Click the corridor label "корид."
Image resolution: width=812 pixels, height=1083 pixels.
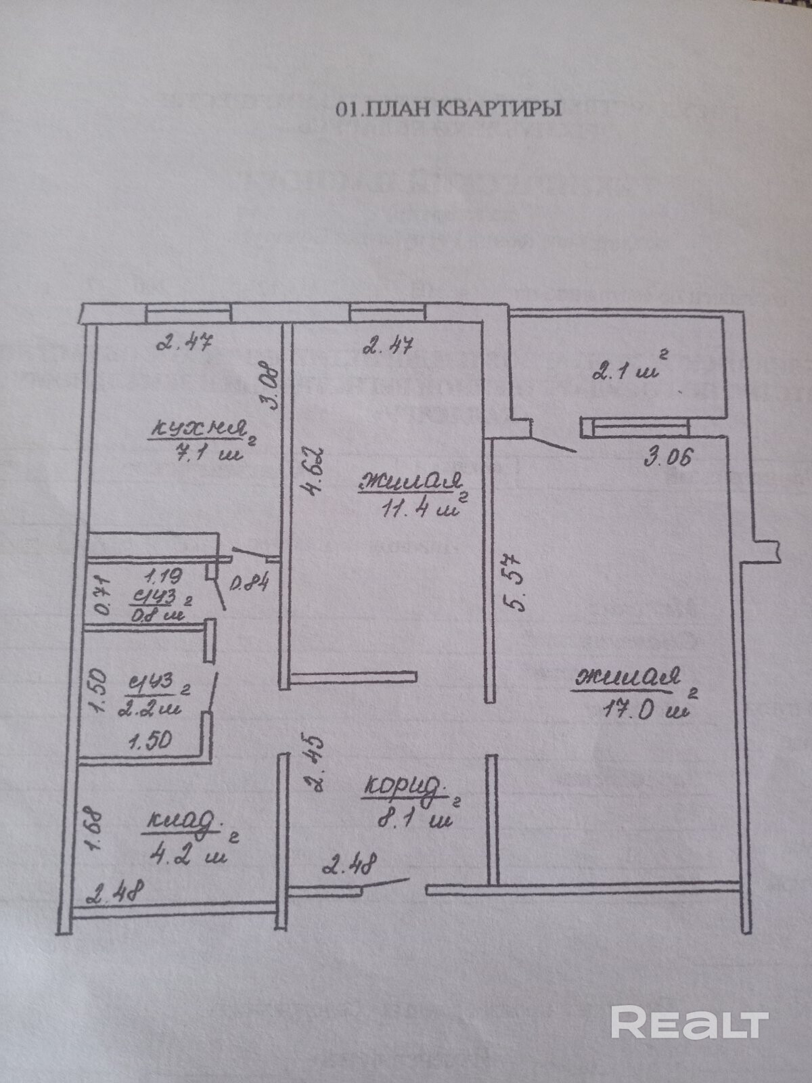point(405,787)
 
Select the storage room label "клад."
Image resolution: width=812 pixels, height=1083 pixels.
point(183,822)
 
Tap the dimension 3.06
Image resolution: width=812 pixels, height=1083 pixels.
point(668,458)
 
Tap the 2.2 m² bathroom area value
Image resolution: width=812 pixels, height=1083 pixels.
point(149,708)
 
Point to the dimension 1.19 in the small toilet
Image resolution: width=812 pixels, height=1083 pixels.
point(161,577)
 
